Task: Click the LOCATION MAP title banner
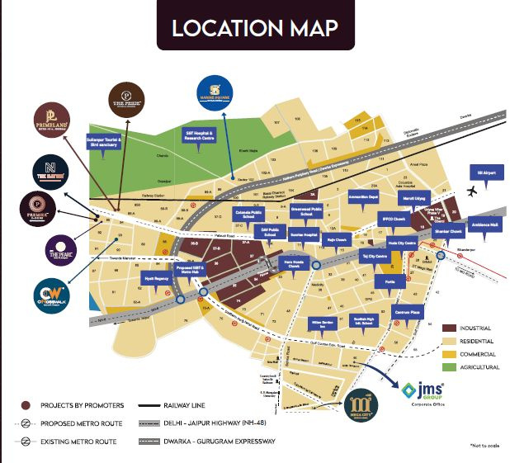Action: [255, 27]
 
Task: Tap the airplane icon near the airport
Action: [472, 191]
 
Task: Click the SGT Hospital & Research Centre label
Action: [197, 135]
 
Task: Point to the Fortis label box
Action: [390, 281]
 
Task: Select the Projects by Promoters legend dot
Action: [26, 405]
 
